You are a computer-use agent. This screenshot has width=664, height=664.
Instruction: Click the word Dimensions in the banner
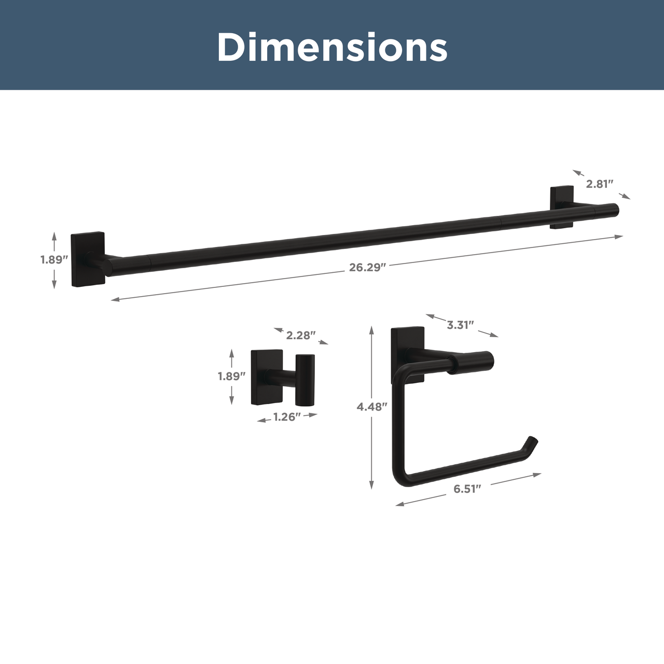332,47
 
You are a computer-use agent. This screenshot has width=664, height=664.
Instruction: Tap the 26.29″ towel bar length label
367,267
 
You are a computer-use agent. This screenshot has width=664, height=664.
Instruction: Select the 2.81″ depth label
600,184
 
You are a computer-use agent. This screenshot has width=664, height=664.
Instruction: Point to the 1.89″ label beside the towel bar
54,259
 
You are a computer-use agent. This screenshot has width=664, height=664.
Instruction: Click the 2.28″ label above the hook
301,335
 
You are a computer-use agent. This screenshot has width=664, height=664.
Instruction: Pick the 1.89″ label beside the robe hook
231,376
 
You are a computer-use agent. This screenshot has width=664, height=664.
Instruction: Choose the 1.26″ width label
287,417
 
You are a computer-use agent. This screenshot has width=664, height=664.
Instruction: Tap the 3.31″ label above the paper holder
460,325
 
